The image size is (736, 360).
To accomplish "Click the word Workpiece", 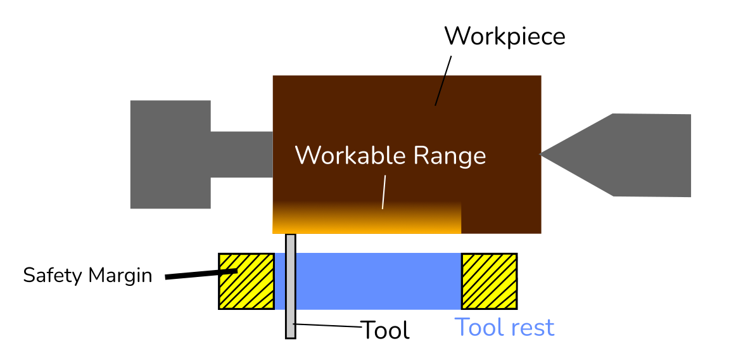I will coord(504,36).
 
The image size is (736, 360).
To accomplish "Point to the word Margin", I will coord(120,276).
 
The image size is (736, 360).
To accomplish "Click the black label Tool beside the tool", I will coord(385,330).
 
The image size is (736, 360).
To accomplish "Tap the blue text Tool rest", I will coord(504,328).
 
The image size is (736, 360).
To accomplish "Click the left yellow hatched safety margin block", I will coord(246,281).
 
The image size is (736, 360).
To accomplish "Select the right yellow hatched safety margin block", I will coord(489,281).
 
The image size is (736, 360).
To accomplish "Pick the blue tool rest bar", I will coord(374,281).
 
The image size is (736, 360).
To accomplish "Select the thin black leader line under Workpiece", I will coord(443,80).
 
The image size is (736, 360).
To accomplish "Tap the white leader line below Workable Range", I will coord(384,191).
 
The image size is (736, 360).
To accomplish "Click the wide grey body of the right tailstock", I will coord(652,155).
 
